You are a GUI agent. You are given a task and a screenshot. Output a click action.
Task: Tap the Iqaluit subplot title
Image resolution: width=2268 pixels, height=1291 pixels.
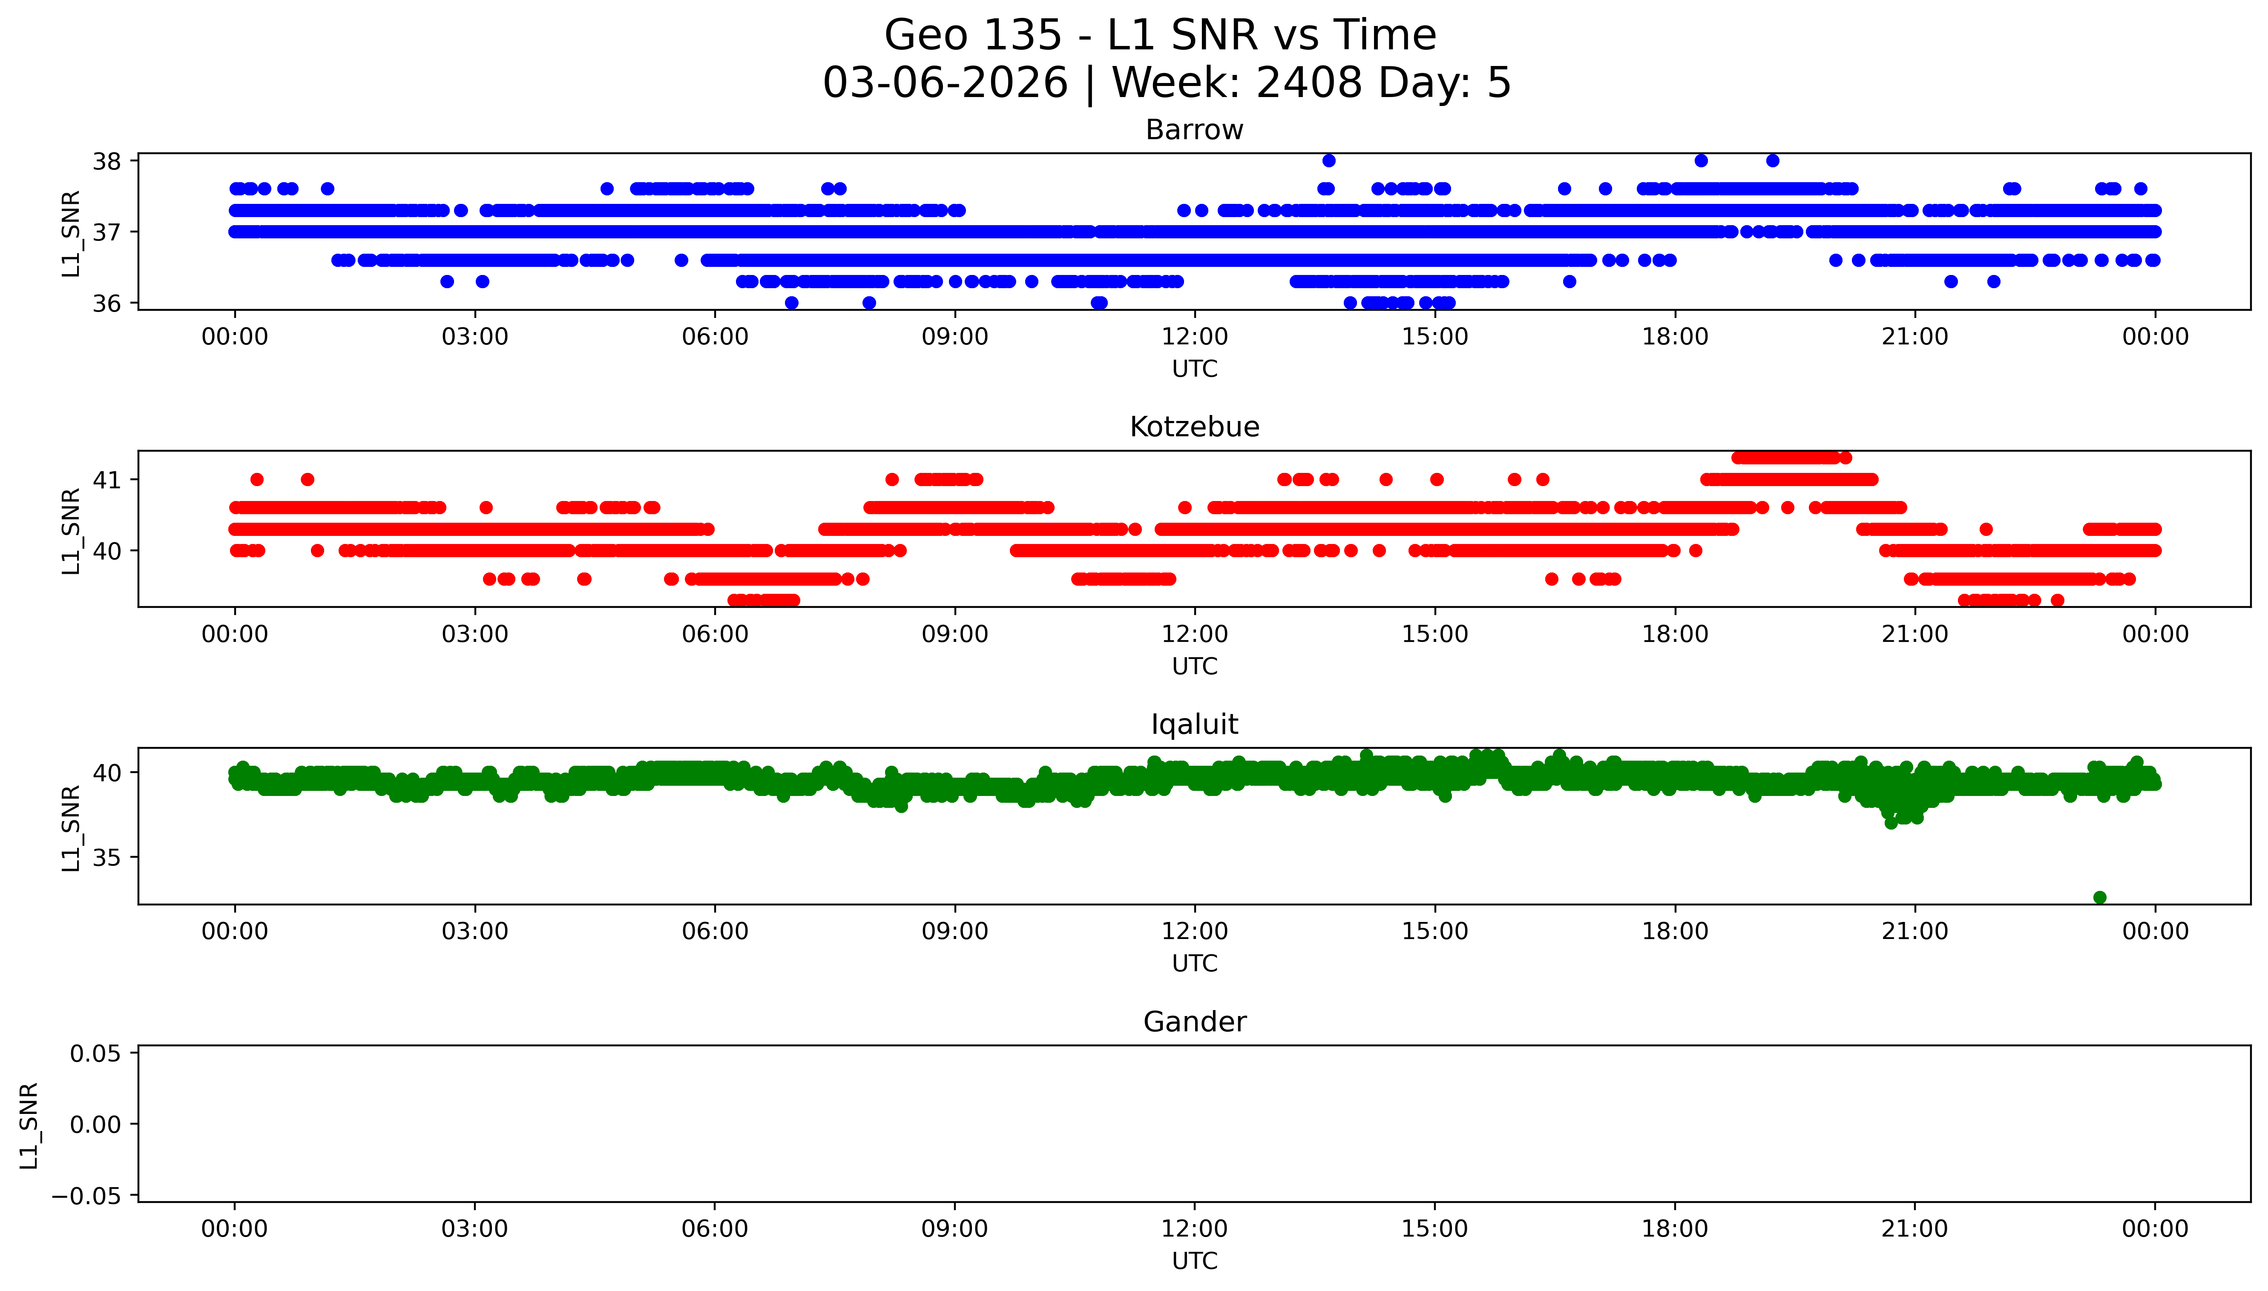(1194, 724)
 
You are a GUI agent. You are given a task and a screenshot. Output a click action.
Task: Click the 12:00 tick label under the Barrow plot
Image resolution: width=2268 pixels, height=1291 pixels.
(1194, 337)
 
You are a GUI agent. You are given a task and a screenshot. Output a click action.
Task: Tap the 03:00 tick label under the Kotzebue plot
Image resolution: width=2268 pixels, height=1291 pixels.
(474, 634)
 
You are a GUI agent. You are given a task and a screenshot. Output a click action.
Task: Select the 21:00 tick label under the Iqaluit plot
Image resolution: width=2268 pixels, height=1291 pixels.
(1914, 931)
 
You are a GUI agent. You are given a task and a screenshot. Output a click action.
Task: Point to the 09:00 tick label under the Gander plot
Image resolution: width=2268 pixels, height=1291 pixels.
(954, 1229)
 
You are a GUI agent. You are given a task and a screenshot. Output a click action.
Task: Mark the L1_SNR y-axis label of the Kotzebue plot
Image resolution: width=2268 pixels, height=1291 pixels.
(71, 530)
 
